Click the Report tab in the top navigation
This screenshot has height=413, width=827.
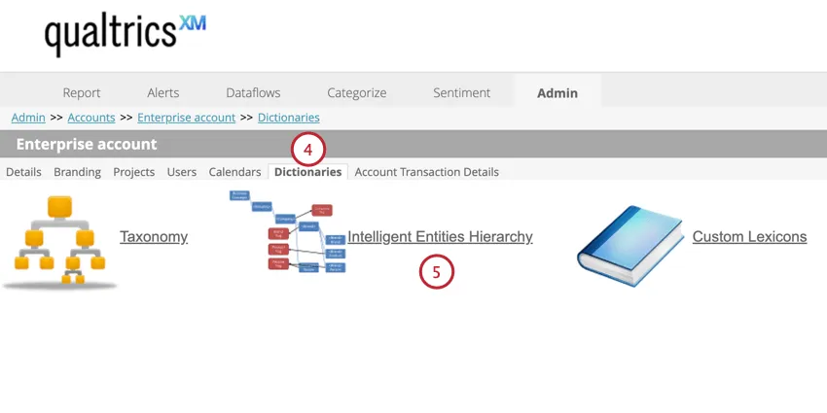(x=82, y=92)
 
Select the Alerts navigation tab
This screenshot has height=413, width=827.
(x=163, y=92)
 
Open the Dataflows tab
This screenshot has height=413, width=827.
(x=253, y=92)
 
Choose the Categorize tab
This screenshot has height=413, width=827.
(x=356, y=92)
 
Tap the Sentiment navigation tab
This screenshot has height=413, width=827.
(x=462, y=92)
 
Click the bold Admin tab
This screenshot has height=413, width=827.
(x=557, y=93)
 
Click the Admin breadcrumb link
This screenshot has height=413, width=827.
(x=28, y=118)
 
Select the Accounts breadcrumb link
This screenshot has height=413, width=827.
(x=91, y=118)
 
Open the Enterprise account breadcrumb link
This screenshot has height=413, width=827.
(x=186, y=118)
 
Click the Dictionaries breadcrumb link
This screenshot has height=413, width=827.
(x=288, y=118)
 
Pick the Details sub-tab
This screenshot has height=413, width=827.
(x=23, y=172)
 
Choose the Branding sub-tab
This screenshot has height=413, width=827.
(x=77, y=172)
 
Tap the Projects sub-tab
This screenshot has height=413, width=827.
(x=134, y=172)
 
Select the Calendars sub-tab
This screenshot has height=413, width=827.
(x=234, y=172)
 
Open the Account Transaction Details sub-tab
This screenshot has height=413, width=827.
(x=426, y=172)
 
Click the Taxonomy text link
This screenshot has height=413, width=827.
(x=154, y=236)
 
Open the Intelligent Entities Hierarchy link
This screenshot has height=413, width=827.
(x=440, y=236)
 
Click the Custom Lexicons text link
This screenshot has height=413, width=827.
(x=749, y=236)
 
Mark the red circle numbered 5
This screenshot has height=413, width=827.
(x=437, y=273)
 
